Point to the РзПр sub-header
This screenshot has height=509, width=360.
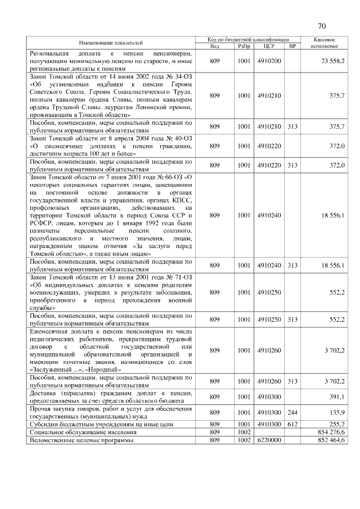244,46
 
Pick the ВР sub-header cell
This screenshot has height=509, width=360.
292,46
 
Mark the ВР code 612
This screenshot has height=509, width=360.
292,424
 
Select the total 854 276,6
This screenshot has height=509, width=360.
331,432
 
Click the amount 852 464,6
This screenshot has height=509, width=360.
331,440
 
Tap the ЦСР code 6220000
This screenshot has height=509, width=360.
269,440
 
